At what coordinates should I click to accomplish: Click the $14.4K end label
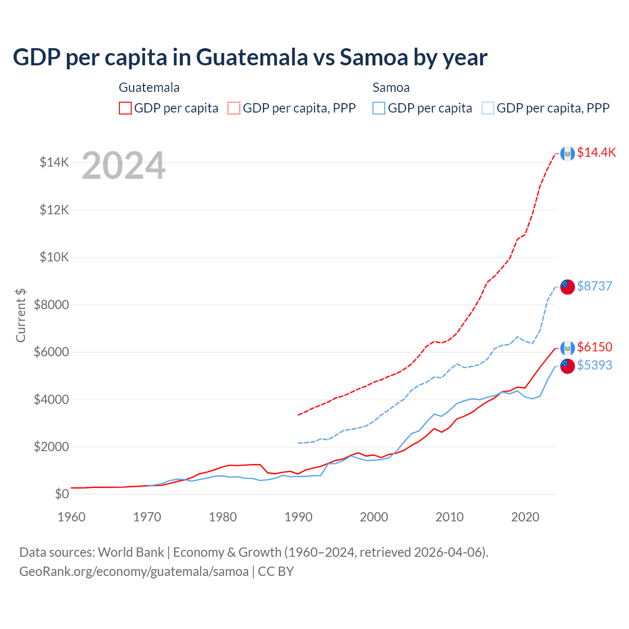point(596,153)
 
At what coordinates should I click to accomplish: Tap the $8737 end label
point(595,286)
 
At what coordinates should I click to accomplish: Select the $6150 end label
point(595,347)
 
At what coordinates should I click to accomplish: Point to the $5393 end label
point(595,366)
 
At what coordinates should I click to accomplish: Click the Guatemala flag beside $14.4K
point(568,153)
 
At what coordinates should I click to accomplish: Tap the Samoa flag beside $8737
point(568,286)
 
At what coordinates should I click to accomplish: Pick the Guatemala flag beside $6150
point(568,348)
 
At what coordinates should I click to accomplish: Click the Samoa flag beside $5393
point(568,366)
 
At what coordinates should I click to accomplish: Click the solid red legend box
point(125,108)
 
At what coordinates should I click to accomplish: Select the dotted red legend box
point(234,108)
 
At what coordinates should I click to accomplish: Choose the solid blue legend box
point(379,108)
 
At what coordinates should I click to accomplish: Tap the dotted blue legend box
point(488,108)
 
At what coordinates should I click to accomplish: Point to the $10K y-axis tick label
point(55,257)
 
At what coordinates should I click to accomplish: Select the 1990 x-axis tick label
point(298,517)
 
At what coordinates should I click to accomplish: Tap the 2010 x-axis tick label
point(450,517)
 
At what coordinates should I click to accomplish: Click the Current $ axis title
point(21,315)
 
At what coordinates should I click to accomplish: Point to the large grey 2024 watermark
point(123,166)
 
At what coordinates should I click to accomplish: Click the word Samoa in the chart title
point(374,57)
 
